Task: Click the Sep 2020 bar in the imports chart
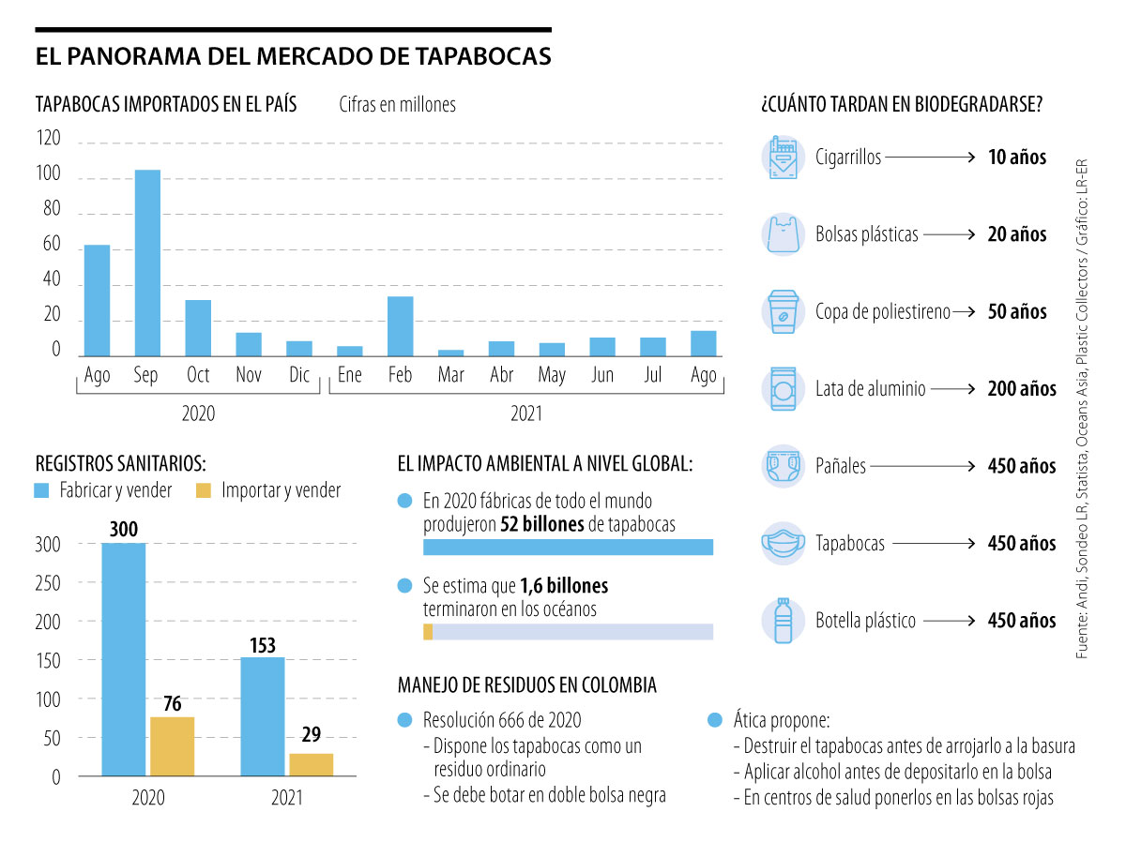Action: point(147,263)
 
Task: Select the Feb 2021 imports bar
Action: point(401,326)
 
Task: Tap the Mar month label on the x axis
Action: point(451,376)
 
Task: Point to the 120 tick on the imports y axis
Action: point(48,140)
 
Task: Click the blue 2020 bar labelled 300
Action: point(123,659)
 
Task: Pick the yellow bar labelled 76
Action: point(172,746)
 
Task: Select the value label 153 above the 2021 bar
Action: point(263,645)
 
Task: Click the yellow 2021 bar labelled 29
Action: point(311,764)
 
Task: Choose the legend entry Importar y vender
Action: point(281,490)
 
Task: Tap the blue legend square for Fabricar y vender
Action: point(42,490)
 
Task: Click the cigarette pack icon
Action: point(783,158)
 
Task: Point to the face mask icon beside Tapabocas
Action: point(783,543)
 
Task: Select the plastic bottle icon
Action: point(783,620)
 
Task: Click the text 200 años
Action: point(1021,388)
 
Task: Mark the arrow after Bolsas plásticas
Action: point(949,234)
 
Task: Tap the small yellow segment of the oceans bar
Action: point(428,632)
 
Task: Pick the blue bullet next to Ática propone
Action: point(715,720)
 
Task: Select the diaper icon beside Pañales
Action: point(783,465)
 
